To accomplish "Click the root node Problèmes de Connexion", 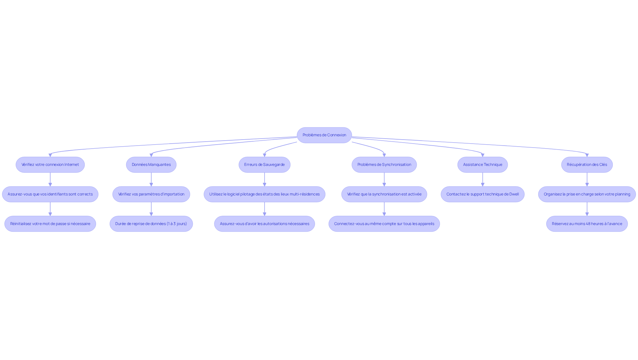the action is [x=324, y=135].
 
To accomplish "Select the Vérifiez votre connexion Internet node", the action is [x=50, y=165].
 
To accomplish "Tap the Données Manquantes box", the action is [x=151, y=165].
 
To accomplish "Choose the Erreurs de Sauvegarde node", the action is [x=265, y=165].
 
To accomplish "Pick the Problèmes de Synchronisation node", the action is [x=384, y=165].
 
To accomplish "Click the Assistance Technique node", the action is [x=483, y=165].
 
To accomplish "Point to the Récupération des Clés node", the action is [x=587, y=165].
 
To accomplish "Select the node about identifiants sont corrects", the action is [x=50, y=194].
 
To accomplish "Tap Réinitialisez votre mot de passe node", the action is [x=50, y=224].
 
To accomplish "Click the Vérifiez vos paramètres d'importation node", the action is [x=151, y=194].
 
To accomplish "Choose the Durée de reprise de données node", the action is [x=151, y=224].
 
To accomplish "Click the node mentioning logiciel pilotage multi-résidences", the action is [x=265, y=194].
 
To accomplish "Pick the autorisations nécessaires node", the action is [x=265, y=224].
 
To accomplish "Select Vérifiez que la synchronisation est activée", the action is [x=384, y=194].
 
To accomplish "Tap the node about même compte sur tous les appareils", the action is [x=384, y=224].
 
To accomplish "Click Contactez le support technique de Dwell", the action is [x=483, y=194].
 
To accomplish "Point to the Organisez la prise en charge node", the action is [x=587, y=194].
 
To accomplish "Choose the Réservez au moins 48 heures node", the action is [x=587, y=224].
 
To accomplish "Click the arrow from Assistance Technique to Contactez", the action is [x=483, y=180].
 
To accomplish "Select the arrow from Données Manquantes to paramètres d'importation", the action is [x=151, y=180].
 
